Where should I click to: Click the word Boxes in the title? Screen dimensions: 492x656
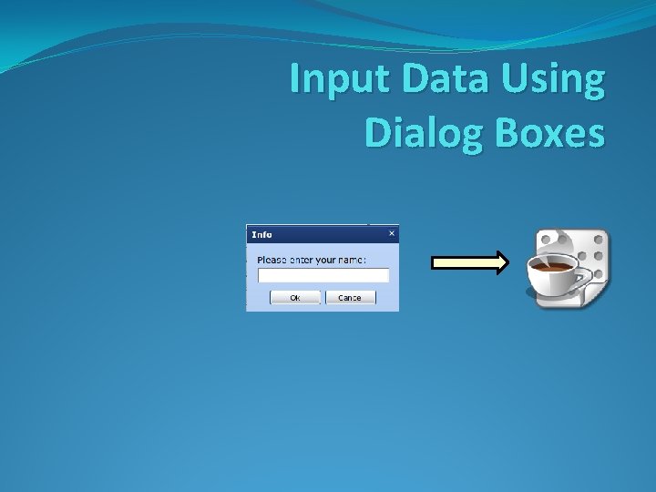547,133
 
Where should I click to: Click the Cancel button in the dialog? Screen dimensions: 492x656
350,298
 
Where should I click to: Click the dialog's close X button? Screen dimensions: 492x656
392,233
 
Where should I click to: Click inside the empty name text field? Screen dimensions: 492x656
323,275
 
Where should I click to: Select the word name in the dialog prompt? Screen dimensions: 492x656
351,260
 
